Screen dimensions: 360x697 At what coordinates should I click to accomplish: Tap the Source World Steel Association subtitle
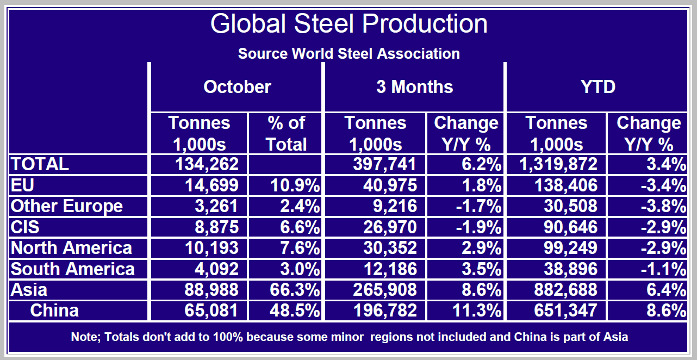[x=348, y=54]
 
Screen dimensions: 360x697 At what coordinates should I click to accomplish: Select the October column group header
[x=237, y=87]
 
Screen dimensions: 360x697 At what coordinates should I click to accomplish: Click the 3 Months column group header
[x=414, y=87]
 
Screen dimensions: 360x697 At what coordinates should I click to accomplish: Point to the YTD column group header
[x=598, y=87]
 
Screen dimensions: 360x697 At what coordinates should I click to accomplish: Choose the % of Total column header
[x=287, y=134]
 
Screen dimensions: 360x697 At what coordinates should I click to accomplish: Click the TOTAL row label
[x=40, y=164]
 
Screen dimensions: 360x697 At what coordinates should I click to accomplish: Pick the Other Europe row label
[x=66, y=207]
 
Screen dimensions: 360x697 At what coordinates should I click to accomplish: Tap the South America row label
[x=72, y=269]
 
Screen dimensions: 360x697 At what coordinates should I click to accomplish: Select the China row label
[x=54, y=311]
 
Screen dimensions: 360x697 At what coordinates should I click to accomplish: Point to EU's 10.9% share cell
[x=295, y=186]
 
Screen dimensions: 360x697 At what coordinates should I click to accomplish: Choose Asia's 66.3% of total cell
[x=295, y=290]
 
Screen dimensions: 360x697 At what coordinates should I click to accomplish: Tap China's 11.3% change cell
[x=477, y=311]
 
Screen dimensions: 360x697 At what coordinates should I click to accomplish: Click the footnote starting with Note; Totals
[x=349, y=337]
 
